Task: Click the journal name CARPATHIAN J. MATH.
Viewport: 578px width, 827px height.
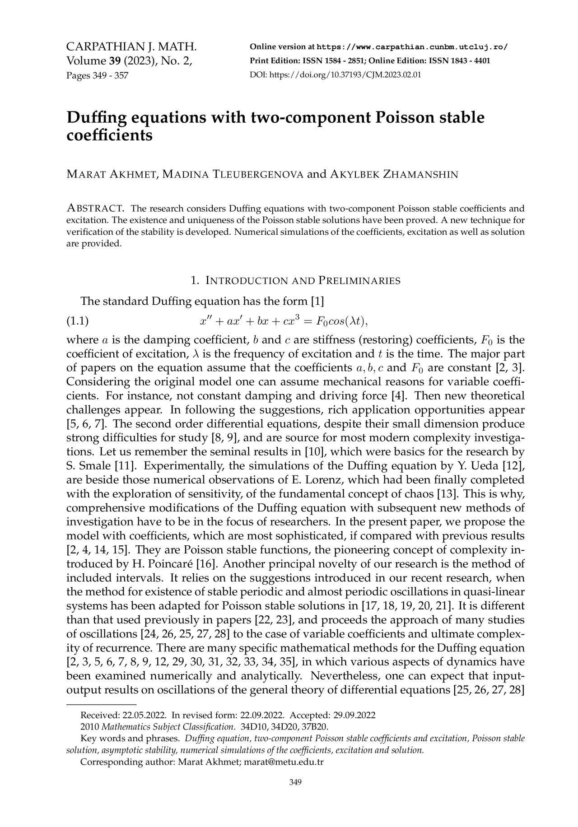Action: click(131, 47)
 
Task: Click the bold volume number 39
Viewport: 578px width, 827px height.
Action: click(117, 61)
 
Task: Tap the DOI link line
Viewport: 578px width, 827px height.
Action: click(335, 74)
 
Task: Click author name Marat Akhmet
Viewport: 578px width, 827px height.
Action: click(111, 174)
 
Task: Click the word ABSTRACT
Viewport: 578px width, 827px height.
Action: click(95, 209)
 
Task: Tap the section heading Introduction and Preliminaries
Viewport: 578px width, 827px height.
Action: click(295, 281)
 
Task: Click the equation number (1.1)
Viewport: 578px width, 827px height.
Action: click(77, 321)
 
